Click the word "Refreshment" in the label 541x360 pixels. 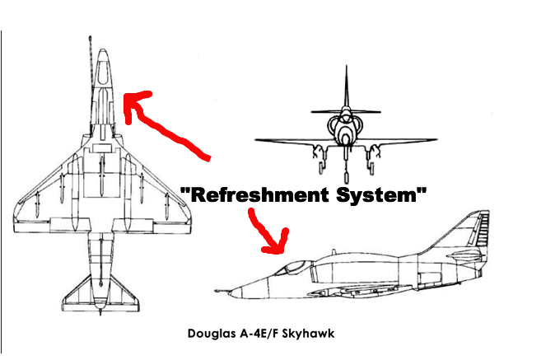coord(247,197)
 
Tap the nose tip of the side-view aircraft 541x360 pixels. coord(217,290)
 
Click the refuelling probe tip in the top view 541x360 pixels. coord(89,38)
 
